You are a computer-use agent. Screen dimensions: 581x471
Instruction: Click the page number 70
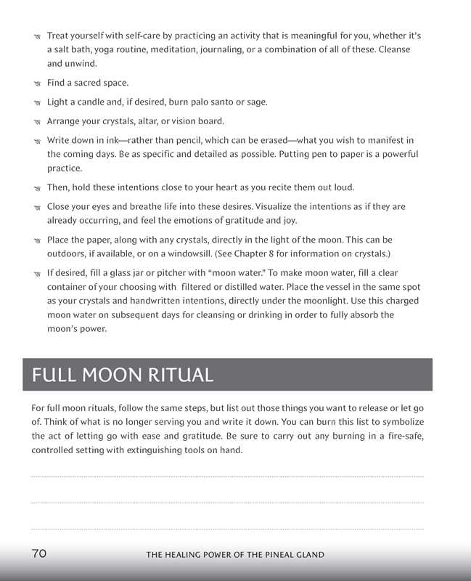(39, 553)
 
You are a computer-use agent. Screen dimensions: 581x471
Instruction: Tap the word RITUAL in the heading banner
(177, 375)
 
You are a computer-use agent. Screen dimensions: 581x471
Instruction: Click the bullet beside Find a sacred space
(37, 84)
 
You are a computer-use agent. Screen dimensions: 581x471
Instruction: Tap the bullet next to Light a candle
(37, 102)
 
